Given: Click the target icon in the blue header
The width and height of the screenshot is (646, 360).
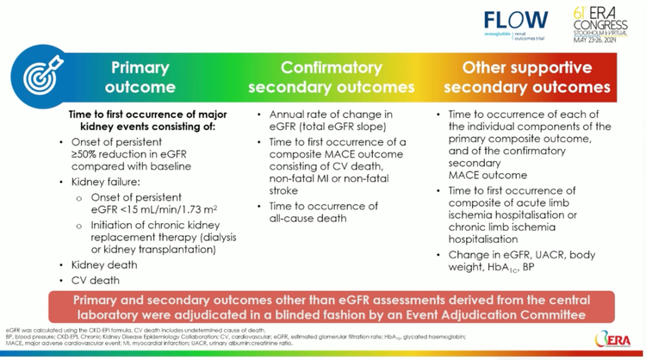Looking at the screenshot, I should (40, 77).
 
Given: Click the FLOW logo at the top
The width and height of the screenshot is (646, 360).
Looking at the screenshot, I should (516, 21).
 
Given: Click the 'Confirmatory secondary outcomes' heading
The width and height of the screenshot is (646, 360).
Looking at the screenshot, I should (332, 77).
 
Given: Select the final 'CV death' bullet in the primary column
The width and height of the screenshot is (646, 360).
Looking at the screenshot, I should (96, 280).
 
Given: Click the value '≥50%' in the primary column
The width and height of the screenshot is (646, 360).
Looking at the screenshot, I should (88, 153).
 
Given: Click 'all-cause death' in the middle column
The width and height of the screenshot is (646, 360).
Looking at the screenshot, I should (307, 218).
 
